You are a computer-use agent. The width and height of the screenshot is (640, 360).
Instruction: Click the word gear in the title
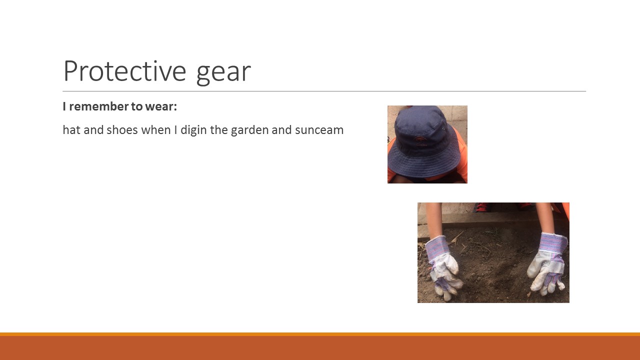[223, 73]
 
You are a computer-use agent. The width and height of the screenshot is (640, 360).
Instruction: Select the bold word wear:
[161, 107]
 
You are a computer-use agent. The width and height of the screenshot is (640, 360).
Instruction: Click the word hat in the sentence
[71, 130]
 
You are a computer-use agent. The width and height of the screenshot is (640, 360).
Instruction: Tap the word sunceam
[319, 130]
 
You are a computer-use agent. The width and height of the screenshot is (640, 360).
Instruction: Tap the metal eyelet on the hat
[443, 129]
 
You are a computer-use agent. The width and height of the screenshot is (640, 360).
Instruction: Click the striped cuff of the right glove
[552, 242]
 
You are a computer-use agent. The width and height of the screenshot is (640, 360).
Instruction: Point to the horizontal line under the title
[324, 91]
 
